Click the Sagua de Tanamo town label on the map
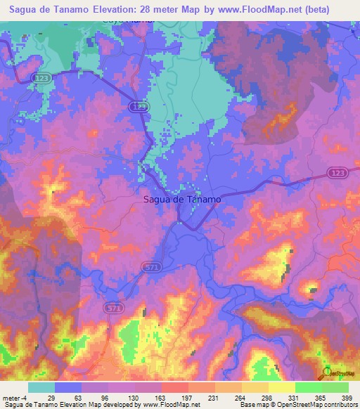coord(181,199)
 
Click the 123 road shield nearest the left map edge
coord(41,79)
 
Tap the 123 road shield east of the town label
coord(335,173)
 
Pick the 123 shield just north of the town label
coord(139,105)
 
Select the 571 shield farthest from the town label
coord(113,308)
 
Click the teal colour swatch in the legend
coord(41,387)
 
